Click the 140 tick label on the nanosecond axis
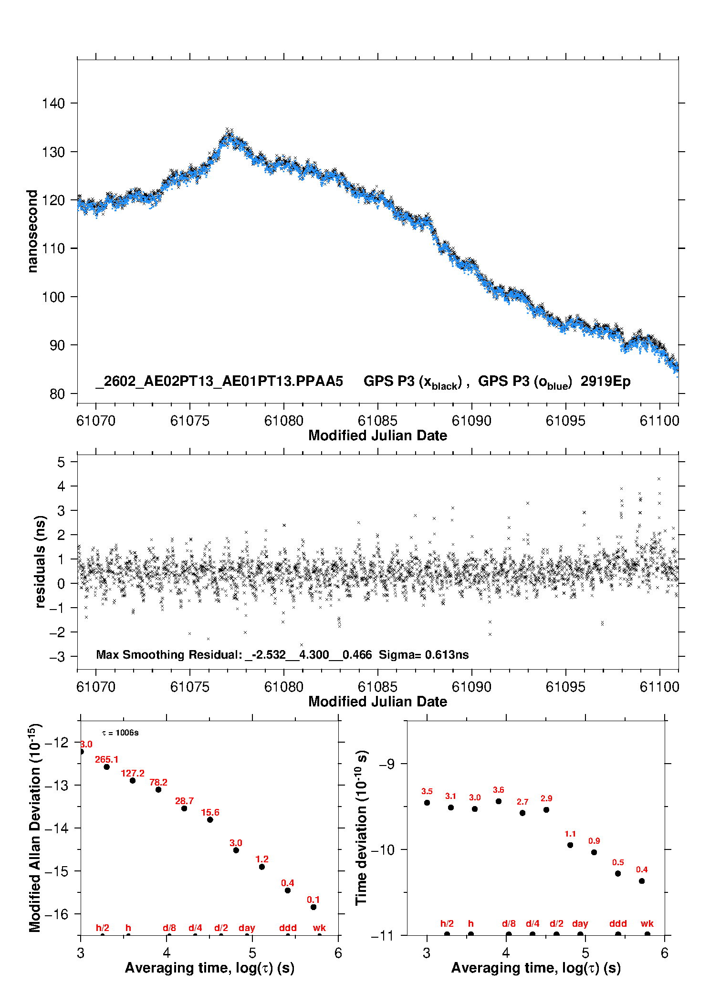pos(53,104)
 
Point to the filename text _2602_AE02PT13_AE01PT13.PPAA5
pos(219,382)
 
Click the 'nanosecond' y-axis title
pos(32,231)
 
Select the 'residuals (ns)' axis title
pos(41,561)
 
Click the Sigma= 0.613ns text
pos(423,655)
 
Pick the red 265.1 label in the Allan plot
pos(106,759)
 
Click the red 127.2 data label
pos(132,773)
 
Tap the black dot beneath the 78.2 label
pos(158,789)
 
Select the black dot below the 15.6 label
pos(210,819)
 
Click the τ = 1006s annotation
pos(120,733)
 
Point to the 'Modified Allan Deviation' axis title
pos(35,828)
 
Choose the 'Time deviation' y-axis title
pos(362,828)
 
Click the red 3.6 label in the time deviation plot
pos(498,790)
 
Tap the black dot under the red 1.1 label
pos(570,845)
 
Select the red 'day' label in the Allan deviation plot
pos(247,928)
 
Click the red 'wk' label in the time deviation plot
pos(647,923)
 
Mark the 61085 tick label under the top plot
pos(377,421)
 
